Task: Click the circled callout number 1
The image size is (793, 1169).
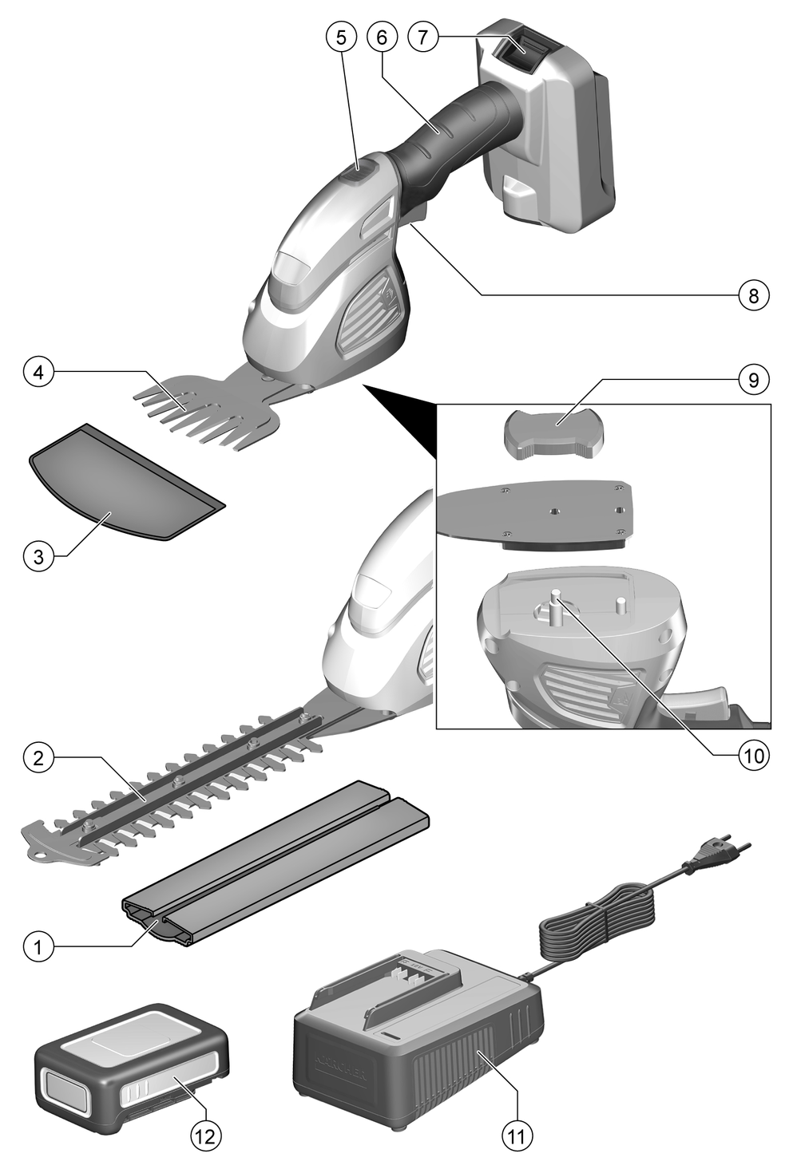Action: [x=38, y=948]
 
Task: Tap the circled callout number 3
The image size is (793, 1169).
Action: [x=38, y=556]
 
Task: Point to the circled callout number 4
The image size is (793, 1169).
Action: [x=38, y=372]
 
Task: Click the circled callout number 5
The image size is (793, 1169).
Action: [x=340, y=37]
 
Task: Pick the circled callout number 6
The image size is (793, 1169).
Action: [x=381, y=37]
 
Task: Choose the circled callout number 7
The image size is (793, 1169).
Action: [x=422, y=37]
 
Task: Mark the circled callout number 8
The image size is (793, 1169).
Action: [x=753, y=294]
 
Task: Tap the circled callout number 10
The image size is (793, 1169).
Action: [x=753, y=755]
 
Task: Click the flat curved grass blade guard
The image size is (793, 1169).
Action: [x=120, y=483]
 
